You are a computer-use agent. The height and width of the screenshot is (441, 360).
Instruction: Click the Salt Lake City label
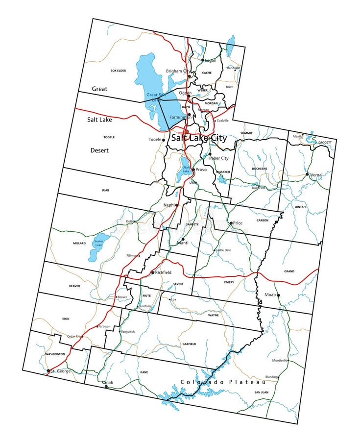point(199,138)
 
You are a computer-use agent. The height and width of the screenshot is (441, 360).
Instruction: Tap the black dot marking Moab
point(278,295)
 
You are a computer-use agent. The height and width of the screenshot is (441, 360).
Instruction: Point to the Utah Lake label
point(186,169)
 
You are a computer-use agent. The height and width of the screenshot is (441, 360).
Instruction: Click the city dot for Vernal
point(307,174)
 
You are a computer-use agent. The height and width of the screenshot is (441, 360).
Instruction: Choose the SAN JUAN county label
point(261,392)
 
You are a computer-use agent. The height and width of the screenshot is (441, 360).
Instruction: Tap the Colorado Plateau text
point(223,382)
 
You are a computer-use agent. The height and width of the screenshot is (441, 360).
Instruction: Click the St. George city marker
point(48,371)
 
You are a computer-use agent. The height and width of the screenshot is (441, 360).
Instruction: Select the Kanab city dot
point(106,387)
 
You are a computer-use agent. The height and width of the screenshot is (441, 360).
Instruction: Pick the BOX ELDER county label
point(118,71)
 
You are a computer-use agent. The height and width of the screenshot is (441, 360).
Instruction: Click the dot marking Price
point(231,223)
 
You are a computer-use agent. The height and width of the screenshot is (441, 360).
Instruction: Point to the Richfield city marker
point(152,272)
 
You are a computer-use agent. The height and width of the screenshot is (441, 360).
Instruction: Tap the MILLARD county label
point(79,243)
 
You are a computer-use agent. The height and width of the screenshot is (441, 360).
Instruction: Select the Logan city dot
point(203,60)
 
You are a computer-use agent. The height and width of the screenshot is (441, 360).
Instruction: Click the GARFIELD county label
point(189,344)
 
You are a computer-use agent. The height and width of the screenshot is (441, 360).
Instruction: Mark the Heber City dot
point(210,154)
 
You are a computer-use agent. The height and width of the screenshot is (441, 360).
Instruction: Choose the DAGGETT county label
point(324,143)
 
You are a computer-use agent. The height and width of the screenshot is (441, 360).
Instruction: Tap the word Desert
point(99,150)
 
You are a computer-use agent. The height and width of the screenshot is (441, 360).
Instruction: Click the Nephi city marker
point(176,205)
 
